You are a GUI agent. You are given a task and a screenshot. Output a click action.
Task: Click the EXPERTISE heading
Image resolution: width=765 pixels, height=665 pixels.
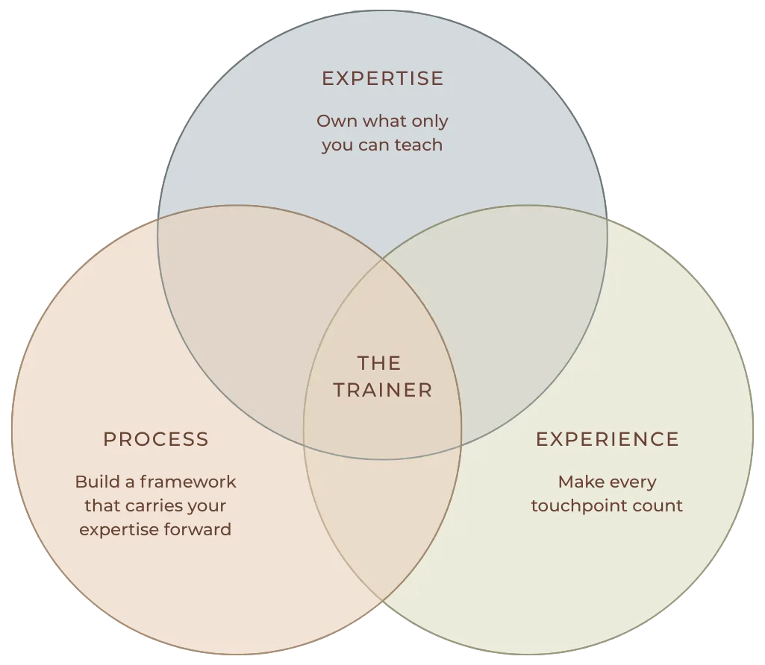[x=382, y=78]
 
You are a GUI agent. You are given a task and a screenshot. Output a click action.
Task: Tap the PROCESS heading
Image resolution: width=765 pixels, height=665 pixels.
[x=155, y=439]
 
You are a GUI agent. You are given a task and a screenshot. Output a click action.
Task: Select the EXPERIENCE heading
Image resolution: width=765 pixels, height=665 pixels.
[x=607, y=439]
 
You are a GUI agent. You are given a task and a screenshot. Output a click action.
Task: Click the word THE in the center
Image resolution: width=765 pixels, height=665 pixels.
[x=379, y=363]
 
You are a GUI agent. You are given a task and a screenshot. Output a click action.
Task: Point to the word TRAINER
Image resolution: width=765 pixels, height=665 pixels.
[x=382, y=390]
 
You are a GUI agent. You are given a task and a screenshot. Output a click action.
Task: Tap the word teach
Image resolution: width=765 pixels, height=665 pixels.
[x=420, y=145]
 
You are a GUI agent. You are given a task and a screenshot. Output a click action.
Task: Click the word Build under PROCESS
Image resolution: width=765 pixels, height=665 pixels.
[x=93, y=482]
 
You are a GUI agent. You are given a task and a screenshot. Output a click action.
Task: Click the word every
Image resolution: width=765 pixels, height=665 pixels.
[x=633, y=482]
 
